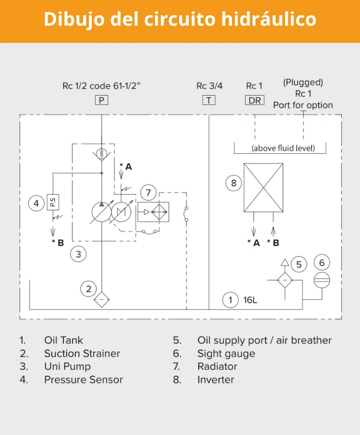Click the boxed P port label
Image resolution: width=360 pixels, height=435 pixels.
[102, 100]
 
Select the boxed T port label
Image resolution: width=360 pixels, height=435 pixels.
[209, 100]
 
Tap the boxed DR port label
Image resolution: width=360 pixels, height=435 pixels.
[254, 100]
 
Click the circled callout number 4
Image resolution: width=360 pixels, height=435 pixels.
[36, 204]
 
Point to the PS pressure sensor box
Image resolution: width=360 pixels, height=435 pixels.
[53, 203]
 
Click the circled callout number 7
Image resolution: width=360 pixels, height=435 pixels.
[148, 192]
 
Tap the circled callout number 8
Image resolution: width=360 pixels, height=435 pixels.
[234, 183]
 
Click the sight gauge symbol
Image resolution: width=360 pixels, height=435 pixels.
[322, 280]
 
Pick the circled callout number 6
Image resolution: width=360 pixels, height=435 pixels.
[322, 263]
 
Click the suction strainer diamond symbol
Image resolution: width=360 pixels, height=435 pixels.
[102, 300]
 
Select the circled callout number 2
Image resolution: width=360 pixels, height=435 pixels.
[88, 288]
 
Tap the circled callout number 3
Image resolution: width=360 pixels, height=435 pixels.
[79, 254]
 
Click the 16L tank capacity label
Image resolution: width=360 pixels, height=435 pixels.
[250, 300]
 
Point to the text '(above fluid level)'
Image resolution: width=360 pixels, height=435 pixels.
[280, 148]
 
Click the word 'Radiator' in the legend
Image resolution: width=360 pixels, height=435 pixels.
[217, 367]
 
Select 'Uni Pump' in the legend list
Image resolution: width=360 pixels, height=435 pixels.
[67, 367]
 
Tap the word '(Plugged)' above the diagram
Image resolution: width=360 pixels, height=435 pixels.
[303, 83]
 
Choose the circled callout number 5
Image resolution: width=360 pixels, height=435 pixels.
[298, 265]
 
